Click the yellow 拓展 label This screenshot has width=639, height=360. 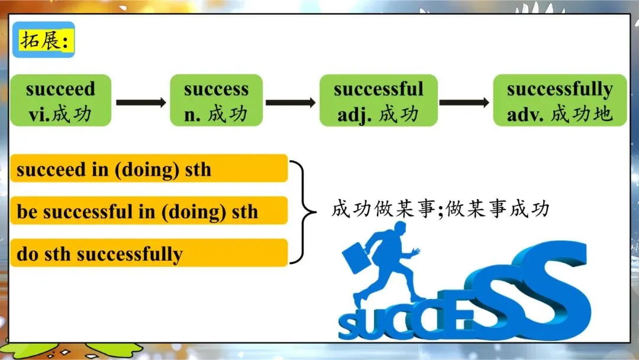pos(44,40)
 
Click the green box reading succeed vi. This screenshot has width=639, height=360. pos(61,100)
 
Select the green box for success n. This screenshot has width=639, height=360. pos(217,100)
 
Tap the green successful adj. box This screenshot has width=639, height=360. pos(379,100)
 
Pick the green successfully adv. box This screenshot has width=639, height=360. pos(560,100)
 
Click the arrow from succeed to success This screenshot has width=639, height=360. pos(141,102)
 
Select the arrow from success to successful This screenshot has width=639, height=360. pos(291,102)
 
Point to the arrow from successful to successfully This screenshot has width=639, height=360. pos(464,102)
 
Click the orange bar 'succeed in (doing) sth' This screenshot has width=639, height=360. pos(149,168)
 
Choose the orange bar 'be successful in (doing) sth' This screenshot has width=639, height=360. pos(149,211)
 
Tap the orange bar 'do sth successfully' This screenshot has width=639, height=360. pos(149,253)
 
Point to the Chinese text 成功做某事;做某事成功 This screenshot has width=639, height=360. pos(441,209)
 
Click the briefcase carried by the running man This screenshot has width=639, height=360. pos(356,257)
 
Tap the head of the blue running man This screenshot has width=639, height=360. pos(399,230)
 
